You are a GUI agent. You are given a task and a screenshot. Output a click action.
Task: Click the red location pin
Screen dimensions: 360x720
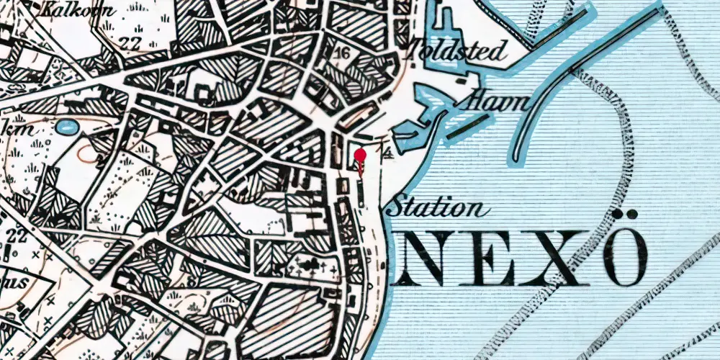[x=361, y=155]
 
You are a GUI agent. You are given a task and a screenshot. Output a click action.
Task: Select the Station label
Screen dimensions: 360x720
[x=435, y=209]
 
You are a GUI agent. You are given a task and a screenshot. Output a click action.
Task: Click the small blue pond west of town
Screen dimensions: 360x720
[x=66, y=127]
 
